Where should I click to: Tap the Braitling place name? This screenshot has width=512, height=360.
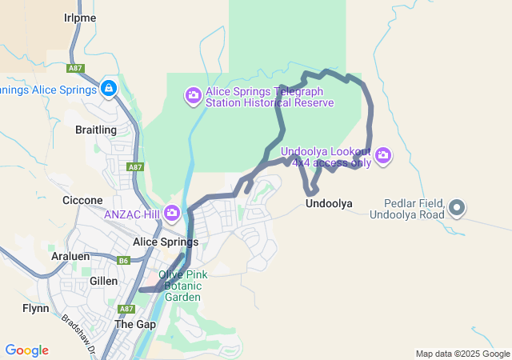tap(95, 130)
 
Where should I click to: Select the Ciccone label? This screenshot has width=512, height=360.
tap(82, 200)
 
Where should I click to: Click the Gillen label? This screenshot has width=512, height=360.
tap(103, 281)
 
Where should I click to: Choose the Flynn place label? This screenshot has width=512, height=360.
tap(36, 308)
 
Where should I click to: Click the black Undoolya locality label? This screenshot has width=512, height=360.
tap(329, 204)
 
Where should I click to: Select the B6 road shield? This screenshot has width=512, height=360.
tap(123, 260)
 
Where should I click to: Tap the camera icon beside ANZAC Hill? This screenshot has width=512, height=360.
tap(172, 213)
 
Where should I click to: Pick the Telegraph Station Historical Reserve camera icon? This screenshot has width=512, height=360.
tap(193, 97)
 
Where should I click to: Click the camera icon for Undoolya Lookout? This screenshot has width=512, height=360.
tap(383, 155)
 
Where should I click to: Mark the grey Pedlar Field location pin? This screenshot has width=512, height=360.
tap(457, 209)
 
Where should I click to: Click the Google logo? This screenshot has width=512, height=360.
tap(27, 350)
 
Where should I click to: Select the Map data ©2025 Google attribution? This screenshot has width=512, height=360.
tap(462, 354)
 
